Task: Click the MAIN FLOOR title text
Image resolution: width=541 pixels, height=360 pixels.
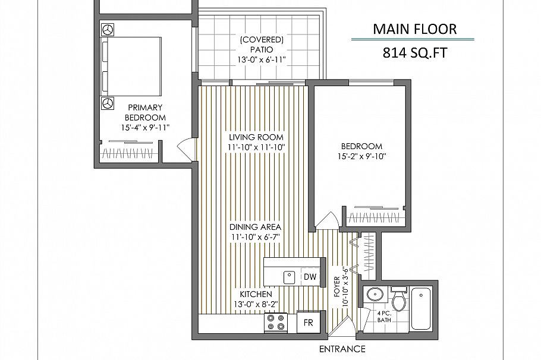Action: pos(414,29)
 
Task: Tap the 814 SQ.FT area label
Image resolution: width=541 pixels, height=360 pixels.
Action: pos(414,53)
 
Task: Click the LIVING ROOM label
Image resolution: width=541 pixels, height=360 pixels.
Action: pos(256,137)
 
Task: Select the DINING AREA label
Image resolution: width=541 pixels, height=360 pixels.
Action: pos(256,227)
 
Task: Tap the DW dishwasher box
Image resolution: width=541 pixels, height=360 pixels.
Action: pos(310,277)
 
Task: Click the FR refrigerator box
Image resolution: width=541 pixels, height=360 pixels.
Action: pos(309,323)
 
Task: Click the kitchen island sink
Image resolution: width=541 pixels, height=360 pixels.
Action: pos(290,276)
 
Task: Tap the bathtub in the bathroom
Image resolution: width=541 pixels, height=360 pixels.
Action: pos(423,309)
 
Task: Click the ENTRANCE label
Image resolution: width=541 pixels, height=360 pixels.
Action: pos(342,349)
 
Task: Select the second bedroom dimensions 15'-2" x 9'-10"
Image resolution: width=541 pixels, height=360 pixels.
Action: pos(361,157)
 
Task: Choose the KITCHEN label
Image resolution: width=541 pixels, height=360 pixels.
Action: pos(256,295)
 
